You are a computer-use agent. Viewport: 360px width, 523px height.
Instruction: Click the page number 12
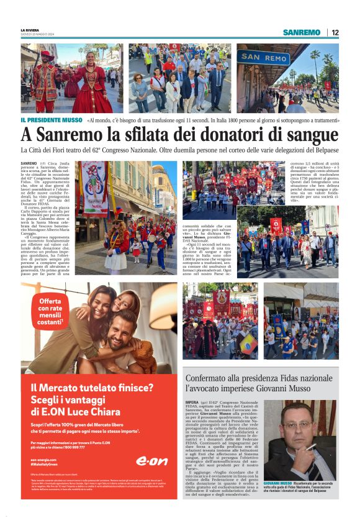(x=335, y=32)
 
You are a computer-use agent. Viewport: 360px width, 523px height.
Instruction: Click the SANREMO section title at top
(x=302, y=32)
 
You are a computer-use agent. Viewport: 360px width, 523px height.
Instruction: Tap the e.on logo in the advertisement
(x=151, y=460)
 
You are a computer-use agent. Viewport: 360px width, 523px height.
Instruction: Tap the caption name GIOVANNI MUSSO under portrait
(x=277, y=483)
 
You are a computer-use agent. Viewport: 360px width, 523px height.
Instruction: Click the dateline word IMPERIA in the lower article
(x=192, y=402)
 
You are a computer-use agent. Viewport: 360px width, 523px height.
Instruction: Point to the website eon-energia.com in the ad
(x=42, y=459)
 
